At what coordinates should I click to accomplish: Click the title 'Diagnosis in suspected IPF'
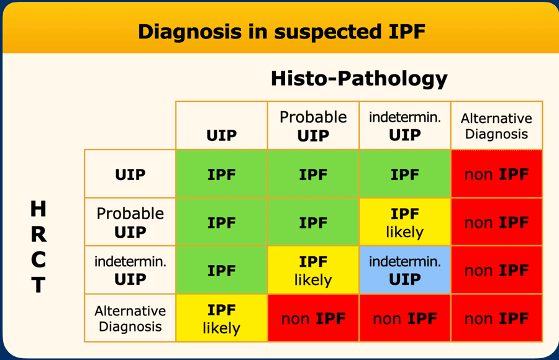pyautogui.click(x=281, y=32)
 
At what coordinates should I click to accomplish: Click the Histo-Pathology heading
pyautogui.click(x=359, y=78)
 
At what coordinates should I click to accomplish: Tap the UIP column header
pyautogui.click(x=221, y=125)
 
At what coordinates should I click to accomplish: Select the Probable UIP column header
pyautogui.click(x=313, y=125)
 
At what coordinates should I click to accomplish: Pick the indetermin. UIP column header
pyautogui.click(x=404, y=125)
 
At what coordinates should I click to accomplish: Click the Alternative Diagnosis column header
pyautogui.click(x=496, y=125)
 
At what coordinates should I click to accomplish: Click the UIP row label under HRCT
pyautogui.click(x=130, y=174)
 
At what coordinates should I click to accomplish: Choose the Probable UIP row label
pyautogui.click(x=130, y=222)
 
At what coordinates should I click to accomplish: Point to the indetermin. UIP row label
pyautogui.click(x=130, y=270)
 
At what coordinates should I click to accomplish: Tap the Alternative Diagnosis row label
pyautogui.click(x=130, y=318)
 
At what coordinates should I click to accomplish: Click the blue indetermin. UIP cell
pyautogui.click(x=404, y=270)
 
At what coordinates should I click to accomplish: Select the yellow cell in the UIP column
pyautogui.click(x=221, y=318)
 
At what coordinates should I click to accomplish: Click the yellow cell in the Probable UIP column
pyautogui.click(x=313, y=270)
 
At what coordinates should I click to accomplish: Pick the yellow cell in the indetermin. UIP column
pyautogui.click(x=404, y=222)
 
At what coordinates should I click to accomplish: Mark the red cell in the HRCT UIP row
pyautogui.click(x=496, y=174)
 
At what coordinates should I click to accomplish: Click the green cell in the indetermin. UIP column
pyautogui.click(x=404, y=174)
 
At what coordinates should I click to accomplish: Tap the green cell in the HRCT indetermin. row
pyautogui.click(x=221, y=270)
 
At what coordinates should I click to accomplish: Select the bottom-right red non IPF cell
pyautogui.click(x=496, y=318)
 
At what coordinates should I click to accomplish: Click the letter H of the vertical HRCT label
pyautogui.click(x=38, y=209)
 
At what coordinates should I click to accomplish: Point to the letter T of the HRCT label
pyautogui.click(x=38, y=285)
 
